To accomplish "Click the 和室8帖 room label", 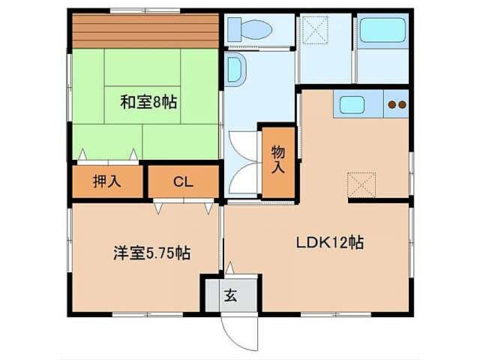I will (x=148, y=103).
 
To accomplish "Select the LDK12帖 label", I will (x=329, y=242).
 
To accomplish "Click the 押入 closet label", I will (x=106, y=181).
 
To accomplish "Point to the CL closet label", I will (x=182, y=181).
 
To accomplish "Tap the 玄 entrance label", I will (x=230, y=295).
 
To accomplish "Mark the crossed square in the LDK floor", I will (x=361, y=184).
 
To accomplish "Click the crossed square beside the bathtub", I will (x=316, y=32).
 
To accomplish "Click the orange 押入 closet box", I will (x=106, y=181).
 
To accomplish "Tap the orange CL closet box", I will (x=183, y=181).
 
